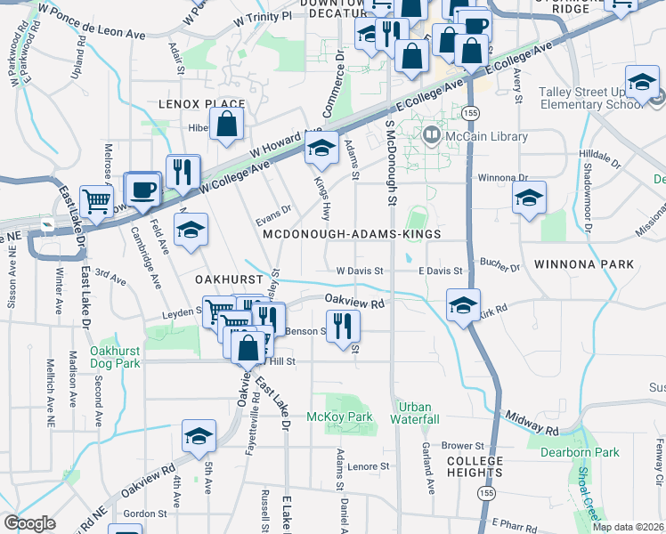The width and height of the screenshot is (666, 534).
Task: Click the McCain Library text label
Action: (x=488, y=136)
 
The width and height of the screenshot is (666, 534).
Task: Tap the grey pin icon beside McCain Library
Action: (x=434, y=136)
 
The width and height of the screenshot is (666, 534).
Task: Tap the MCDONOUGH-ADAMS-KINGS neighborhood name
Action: (x=352, y=234)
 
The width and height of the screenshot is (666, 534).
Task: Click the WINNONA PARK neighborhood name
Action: (x=584, y=264)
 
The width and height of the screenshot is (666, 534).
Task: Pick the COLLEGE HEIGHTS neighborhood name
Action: (x=475, y=467)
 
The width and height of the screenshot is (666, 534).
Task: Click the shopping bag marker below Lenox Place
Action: (x=227, y=125)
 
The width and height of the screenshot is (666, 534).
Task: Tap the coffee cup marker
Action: (x=142, y=188)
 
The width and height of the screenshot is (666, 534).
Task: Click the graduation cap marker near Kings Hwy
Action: (x=321, y=149)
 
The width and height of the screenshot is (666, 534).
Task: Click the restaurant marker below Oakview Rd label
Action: (x=342, y=326)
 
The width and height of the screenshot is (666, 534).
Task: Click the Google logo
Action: (x=29, y=523)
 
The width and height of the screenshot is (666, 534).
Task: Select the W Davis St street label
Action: (x=359, y=271)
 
